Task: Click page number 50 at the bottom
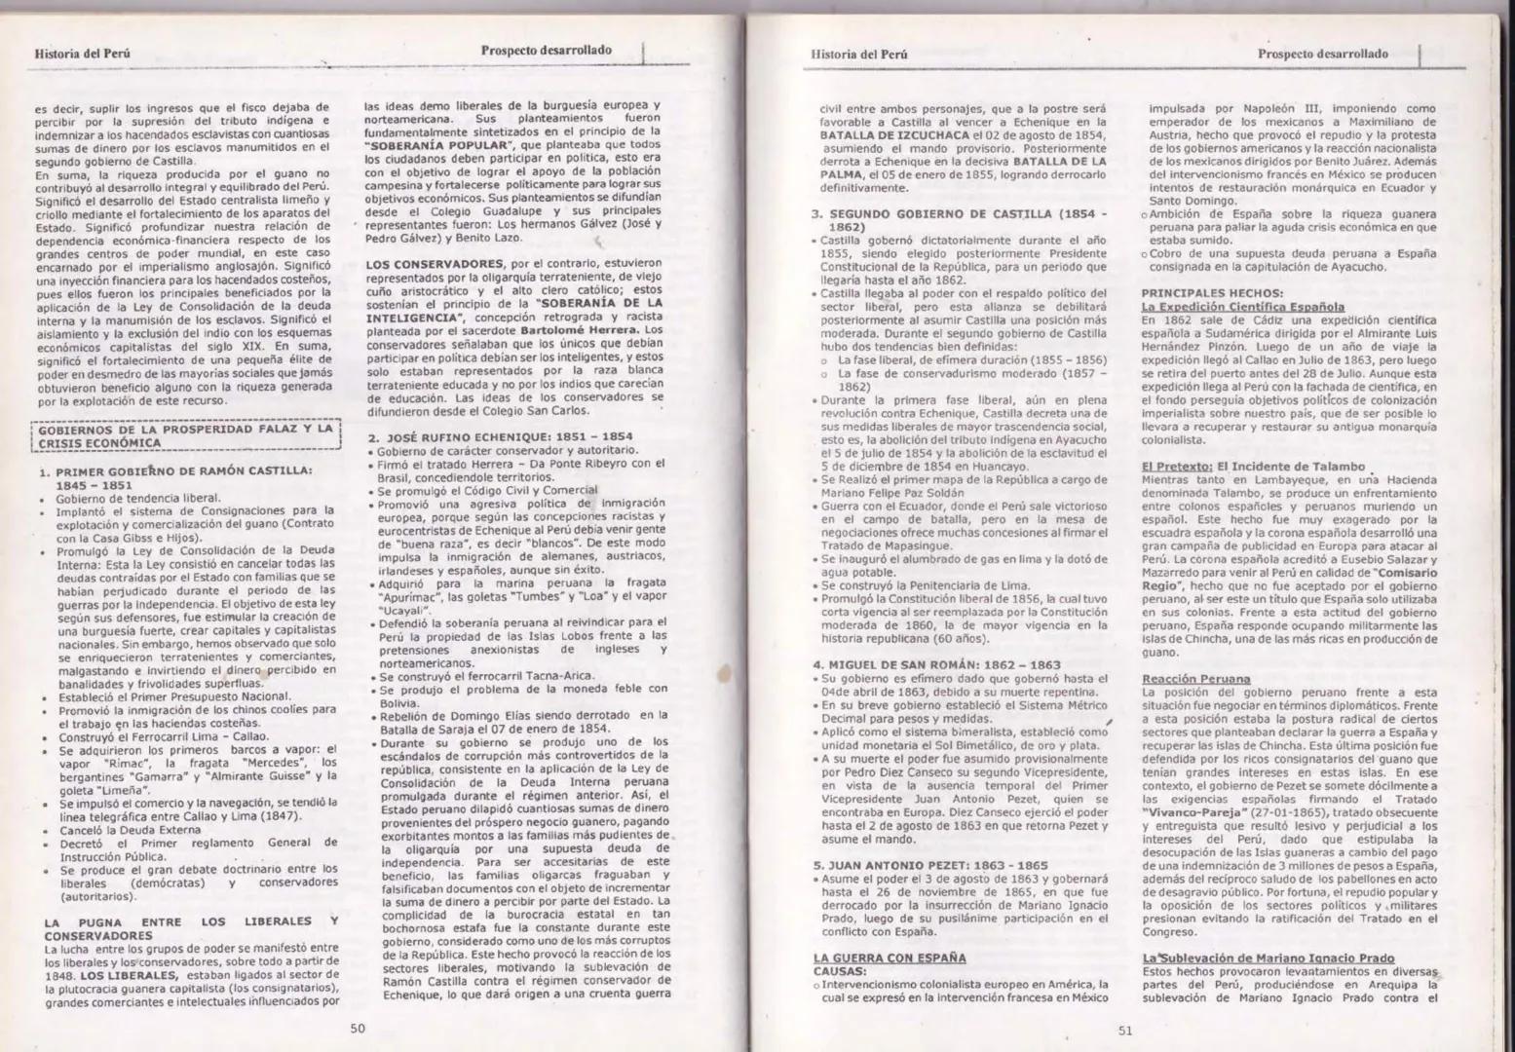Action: coord(358,1027)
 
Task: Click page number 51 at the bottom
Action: coord(1124,1032)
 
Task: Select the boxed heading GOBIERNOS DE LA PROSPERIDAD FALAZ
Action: coord(184,435)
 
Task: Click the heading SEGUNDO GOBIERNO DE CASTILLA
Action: coord(960,218)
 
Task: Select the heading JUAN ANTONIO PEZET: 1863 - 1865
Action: coord(930,864)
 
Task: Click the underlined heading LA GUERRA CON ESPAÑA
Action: coord(890,958)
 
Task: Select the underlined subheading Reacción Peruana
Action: coord(1182,678)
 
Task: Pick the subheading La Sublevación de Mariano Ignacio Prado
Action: coord(1268,958)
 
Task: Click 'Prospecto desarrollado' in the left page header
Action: coord(546,50)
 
